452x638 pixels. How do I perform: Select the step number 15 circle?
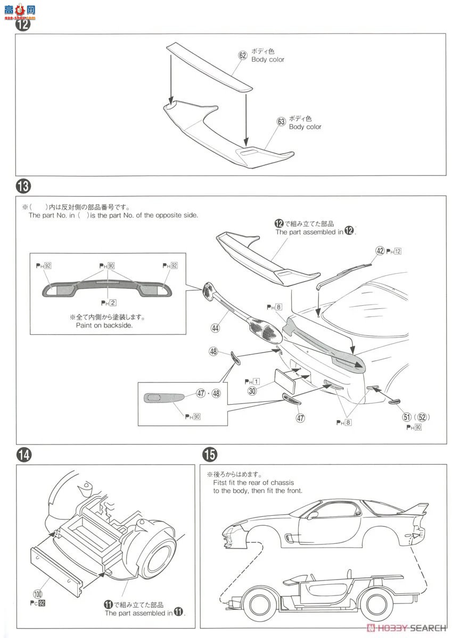210,455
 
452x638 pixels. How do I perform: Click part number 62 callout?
243,55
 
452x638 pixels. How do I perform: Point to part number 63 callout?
281,122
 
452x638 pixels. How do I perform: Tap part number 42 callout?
380,250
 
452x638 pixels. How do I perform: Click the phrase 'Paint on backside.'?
104,325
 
